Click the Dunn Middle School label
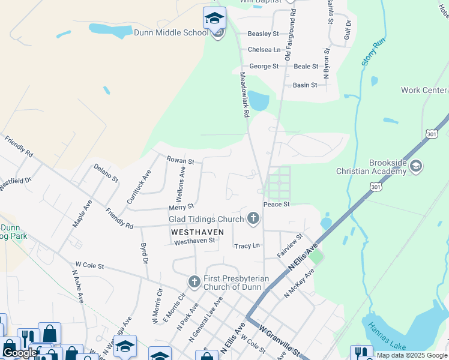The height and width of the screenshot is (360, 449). click(170, 32)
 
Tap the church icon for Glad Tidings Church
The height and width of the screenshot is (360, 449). click(254, 218)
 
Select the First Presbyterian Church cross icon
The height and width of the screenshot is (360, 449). click(194, 281)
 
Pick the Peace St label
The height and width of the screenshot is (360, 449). click(277, 205)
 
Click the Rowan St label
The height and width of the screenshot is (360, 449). click(180, 161)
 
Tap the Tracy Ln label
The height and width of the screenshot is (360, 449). click(247, 246)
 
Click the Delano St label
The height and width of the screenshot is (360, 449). click(106, 173)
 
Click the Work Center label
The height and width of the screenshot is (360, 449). click(424, 90)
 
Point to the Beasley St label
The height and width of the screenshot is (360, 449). click(264, 34)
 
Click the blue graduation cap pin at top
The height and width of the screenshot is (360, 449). click(214, 18)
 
